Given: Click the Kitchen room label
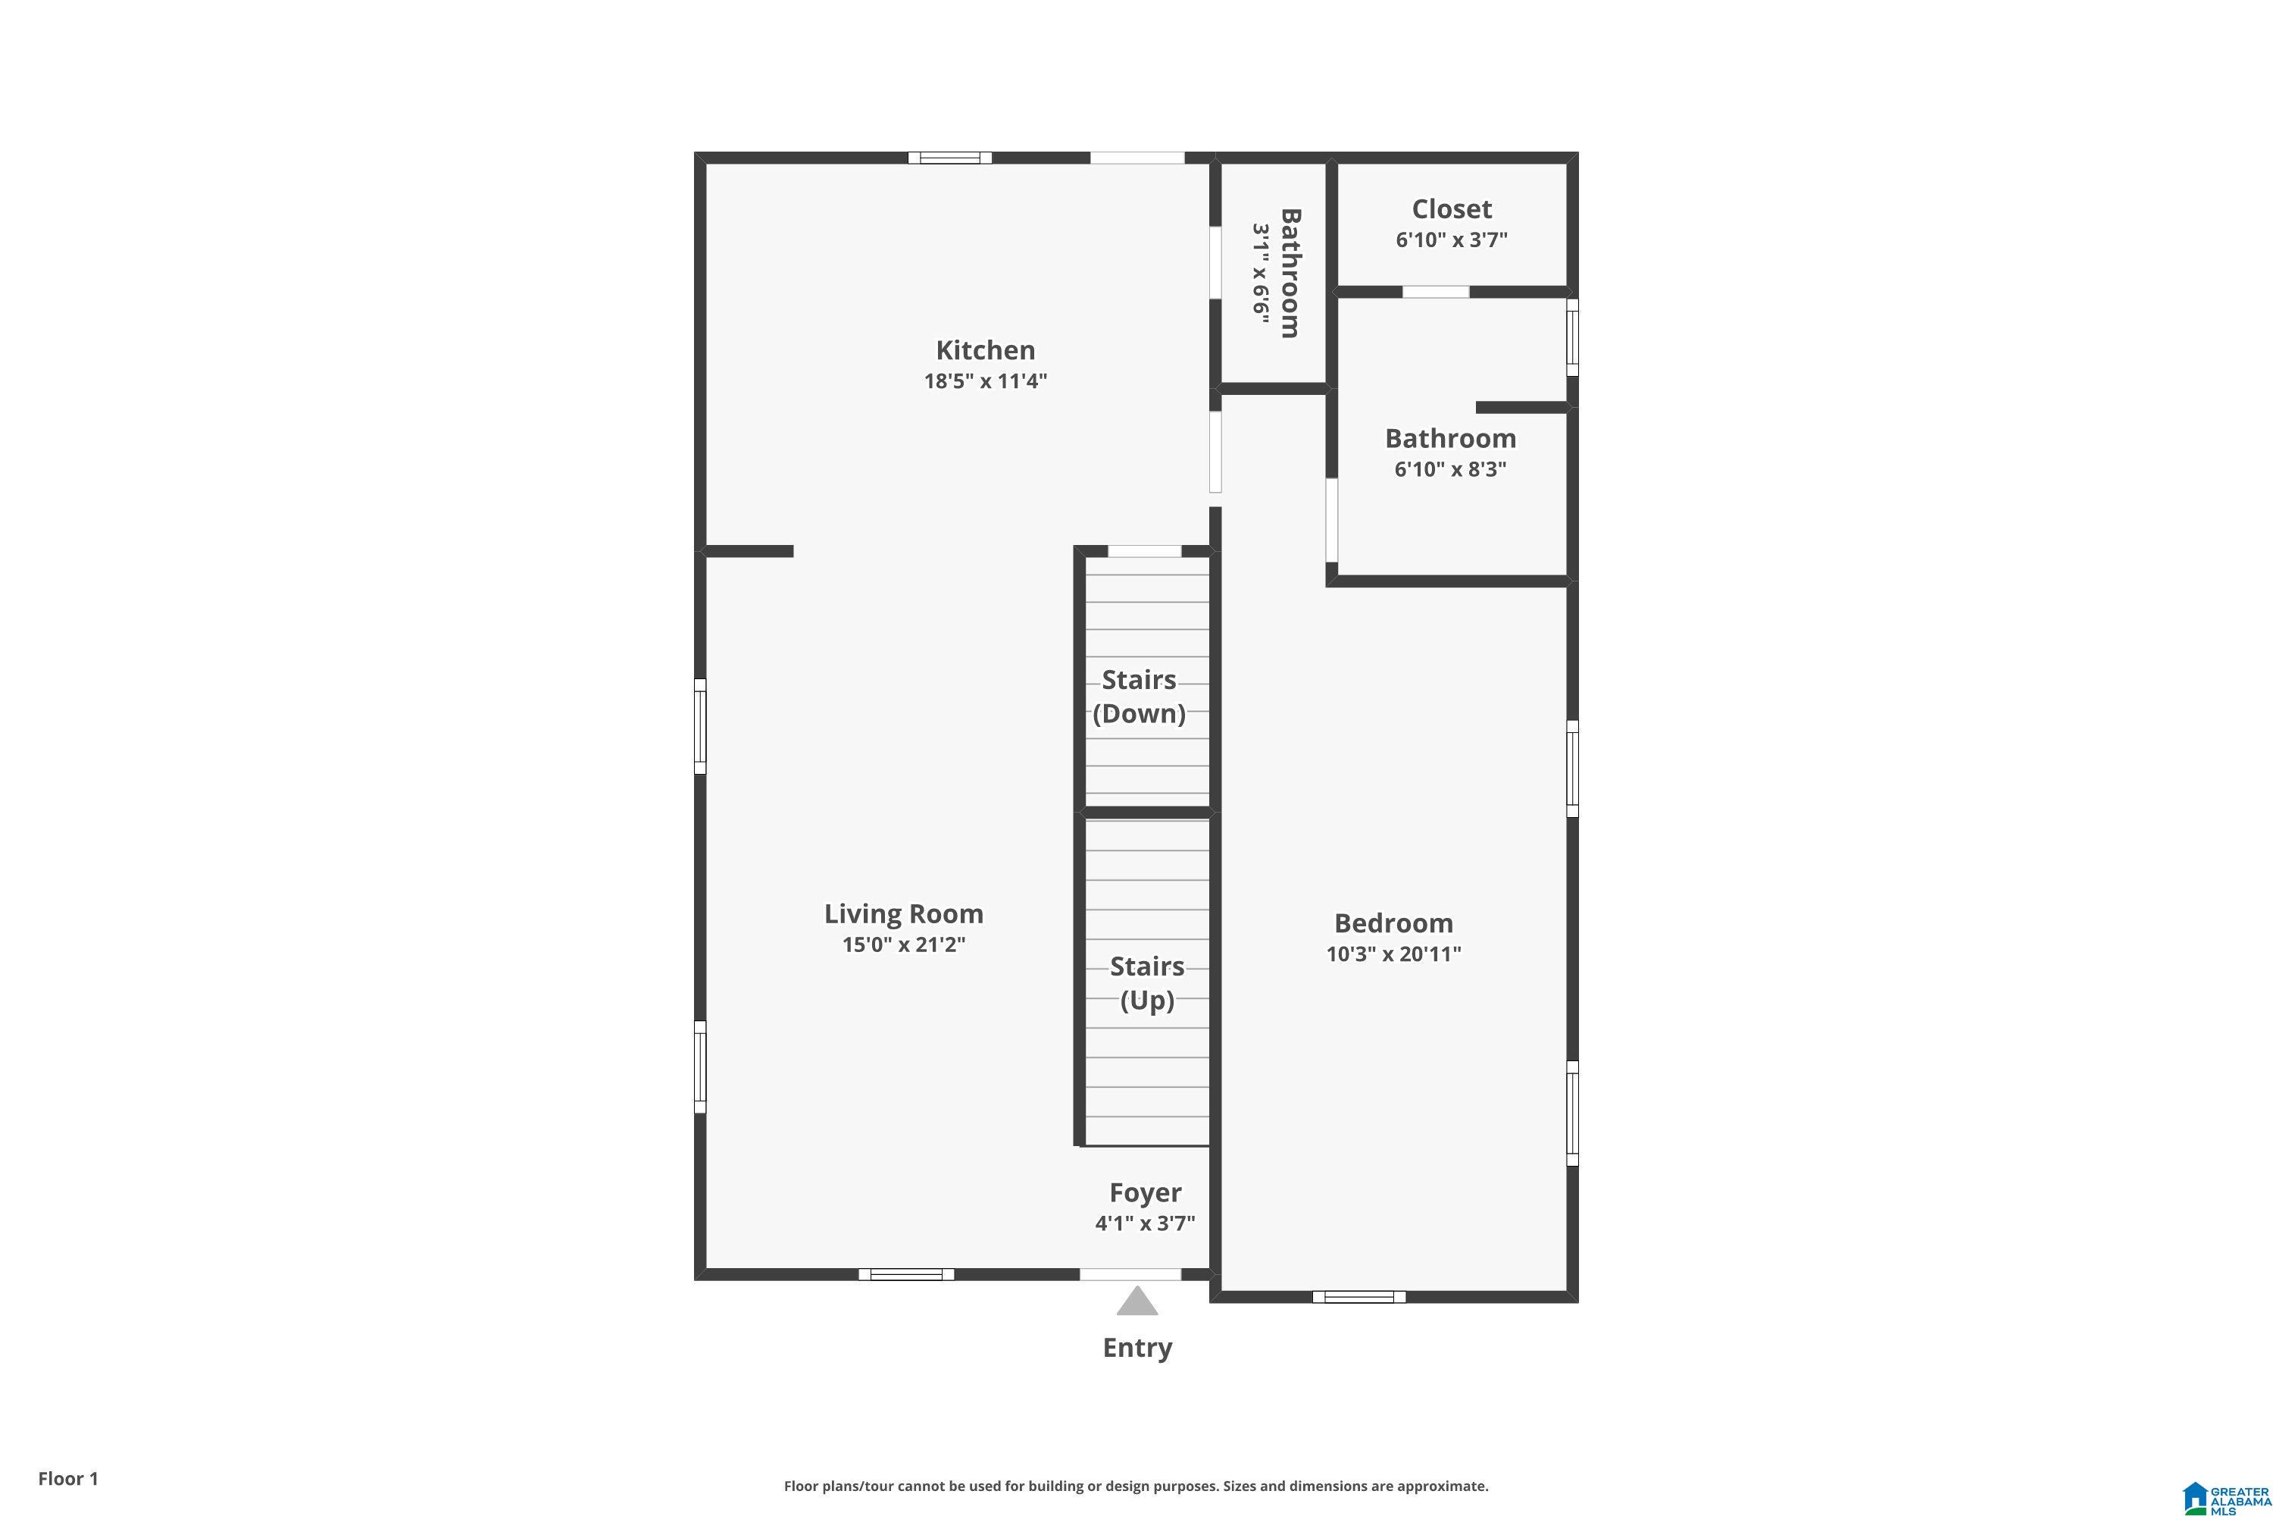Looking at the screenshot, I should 985,350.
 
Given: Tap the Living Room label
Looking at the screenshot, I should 904,913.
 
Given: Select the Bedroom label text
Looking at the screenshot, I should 1393,923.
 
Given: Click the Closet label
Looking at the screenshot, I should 1452,209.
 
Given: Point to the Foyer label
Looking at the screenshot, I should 1145,1193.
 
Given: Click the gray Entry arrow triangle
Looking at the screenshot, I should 1137,1302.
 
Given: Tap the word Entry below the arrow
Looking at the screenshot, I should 1137,1348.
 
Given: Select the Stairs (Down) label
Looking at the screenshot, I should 1140,696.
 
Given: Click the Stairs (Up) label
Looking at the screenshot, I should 1147,982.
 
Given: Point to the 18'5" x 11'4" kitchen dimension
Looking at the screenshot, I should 985,381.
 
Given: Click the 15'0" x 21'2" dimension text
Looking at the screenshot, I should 904,944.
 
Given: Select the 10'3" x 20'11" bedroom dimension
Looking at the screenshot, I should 1393,954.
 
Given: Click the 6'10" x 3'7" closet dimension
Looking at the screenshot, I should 1452,240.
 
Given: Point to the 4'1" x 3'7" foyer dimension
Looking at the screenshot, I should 1145,1223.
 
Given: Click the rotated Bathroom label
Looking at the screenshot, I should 1290,273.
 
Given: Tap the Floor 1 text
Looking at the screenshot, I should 67,1478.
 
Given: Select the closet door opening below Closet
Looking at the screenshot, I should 1436,292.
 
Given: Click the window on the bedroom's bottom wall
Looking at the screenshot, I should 1358,1296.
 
